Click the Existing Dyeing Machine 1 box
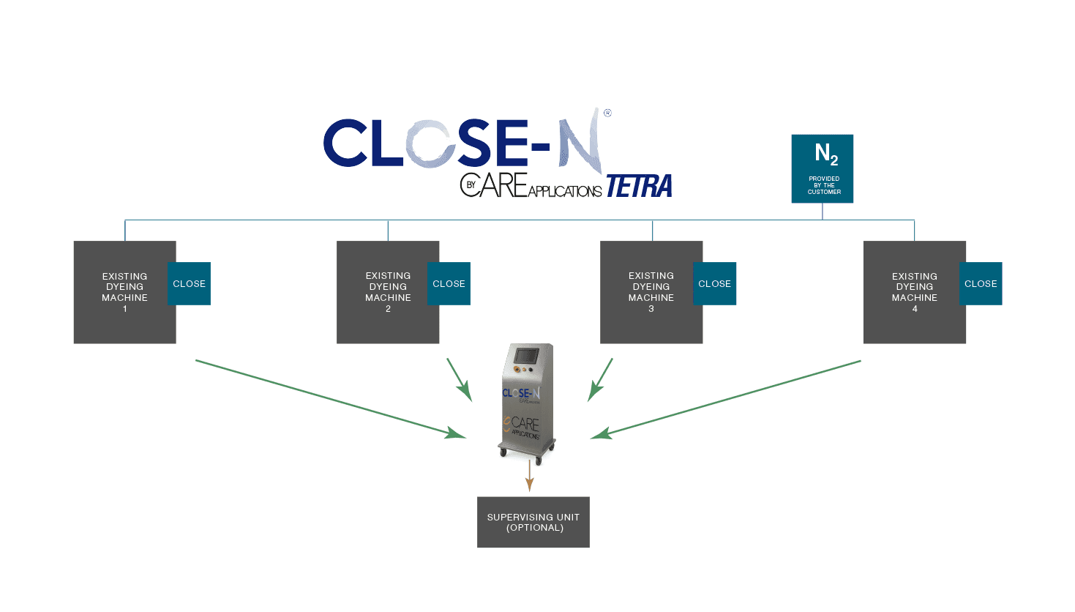click(121, 291)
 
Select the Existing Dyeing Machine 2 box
click(383, 291)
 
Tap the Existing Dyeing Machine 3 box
click(647, 291)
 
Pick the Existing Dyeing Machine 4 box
click(910, 291)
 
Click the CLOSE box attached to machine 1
click(190, 283)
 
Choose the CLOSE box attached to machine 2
click(449, 283)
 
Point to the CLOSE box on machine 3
click(714, 283)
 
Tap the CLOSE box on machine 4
click(981, 283)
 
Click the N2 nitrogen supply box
click(823, 168)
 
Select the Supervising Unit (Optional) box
click(533, 522)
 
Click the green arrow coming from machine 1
click(329, 399)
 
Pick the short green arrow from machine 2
click(459, 379)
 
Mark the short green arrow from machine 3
click(601, 379)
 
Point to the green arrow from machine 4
click(724, 399)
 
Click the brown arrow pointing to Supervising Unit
click(529, 477)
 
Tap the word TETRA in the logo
click(639, 187)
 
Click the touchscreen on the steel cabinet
click(526, 357)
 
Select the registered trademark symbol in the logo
click(607, 113)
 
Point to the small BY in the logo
click(471, 185)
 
